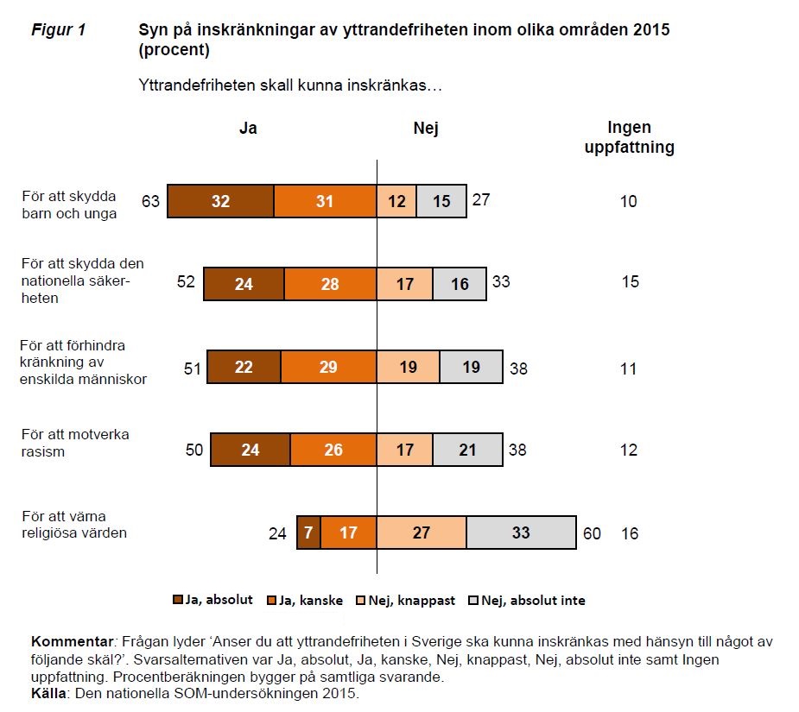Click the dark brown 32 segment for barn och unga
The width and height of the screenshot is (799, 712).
click(x=220, y=201)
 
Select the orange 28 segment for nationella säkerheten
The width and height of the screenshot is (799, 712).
click(x=330, y=284)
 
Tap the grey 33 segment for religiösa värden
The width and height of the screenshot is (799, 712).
click(x=521, y=532)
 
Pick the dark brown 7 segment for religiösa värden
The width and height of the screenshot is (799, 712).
click(x=308, y=532)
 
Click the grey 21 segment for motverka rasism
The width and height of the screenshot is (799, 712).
click(x=467, y=450)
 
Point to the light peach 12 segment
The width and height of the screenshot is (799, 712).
click(x=396, y=201)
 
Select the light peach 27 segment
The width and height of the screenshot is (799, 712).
click(x=422, y=532)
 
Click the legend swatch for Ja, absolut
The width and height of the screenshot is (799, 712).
click(x=179, y=600)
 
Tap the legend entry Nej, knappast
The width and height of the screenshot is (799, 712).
click(x=416, y=600)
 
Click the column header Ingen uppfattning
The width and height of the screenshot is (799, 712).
click(x=629, y=137)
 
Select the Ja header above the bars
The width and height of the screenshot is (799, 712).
click(x=248, y=129)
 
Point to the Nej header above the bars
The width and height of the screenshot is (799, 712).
click(x=426, y=129)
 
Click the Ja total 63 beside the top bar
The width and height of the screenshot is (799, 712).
click(x=151, y=202)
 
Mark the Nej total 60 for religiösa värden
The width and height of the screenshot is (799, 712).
click(x=592, y=533)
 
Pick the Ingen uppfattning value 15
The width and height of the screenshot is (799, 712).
click(x=630, y=282)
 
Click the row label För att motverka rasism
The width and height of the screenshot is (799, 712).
click(x=75, y=442)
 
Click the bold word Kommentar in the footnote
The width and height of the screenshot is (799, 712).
click(x=73, y=642)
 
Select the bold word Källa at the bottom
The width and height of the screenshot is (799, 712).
click(x=48, y=693)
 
